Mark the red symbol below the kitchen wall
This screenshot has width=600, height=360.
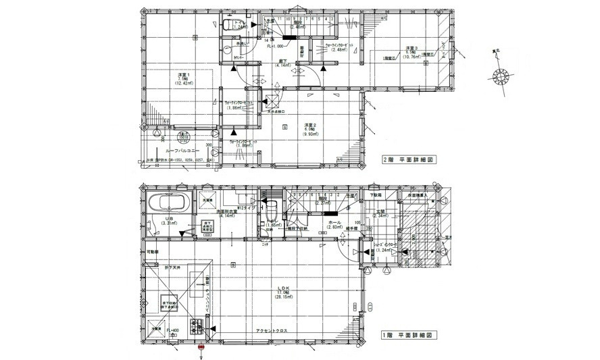(x=201, y=349)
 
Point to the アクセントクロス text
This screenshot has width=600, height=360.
(x=274, y=330)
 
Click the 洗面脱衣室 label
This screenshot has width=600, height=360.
(x=227, y=212)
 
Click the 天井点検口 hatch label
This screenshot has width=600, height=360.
(x=276, y=113)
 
